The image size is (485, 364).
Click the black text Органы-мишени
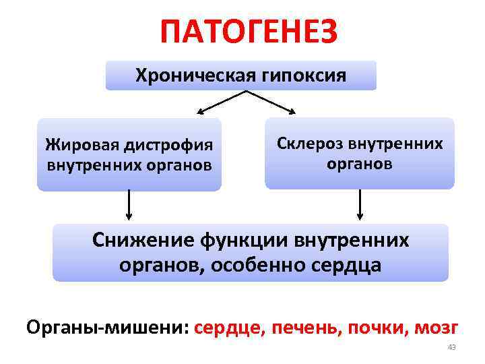(x=107, y=328)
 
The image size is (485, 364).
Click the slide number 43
(x=452, y=347)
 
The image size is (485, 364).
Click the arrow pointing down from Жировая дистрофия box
(x=129, y=205)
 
